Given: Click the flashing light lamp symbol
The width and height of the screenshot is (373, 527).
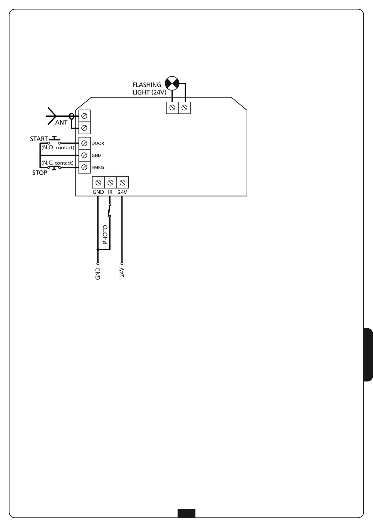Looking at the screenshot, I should coord(172,83).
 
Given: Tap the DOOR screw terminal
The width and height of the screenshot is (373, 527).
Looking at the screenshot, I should coord(84,143).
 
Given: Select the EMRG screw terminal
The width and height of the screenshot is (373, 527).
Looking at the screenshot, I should coord(84,167).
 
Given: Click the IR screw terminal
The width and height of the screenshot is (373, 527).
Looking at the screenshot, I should coord(110,182).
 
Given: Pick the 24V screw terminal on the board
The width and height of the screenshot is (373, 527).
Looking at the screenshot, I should coord(122,182).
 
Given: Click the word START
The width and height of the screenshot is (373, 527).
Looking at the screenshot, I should coord(39,139).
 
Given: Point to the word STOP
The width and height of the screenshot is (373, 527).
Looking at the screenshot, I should coord(40,173).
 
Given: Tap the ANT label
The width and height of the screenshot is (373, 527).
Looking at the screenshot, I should coord(61,123).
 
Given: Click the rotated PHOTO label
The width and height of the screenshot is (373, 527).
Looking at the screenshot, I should coord(105,234).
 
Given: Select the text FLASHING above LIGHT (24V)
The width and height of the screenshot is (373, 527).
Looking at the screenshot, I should coord(147,85).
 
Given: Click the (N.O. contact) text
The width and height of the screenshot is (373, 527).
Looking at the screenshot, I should coord(58,147).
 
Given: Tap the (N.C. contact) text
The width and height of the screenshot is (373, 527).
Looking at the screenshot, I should coord(57,163).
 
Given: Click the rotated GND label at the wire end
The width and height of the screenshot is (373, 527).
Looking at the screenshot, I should coord(98,274).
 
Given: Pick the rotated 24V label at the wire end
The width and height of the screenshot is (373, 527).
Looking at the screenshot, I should coord(122,273).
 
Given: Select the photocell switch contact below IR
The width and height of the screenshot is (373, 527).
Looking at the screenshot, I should coord(110,210).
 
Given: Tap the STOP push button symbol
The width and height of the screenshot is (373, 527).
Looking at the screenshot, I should coord(54,168).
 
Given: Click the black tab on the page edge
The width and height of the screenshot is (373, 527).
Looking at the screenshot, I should coord(368,355).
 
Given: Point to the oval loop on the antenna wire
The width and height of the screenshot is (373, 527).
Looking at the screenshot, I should coord(71,116).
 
